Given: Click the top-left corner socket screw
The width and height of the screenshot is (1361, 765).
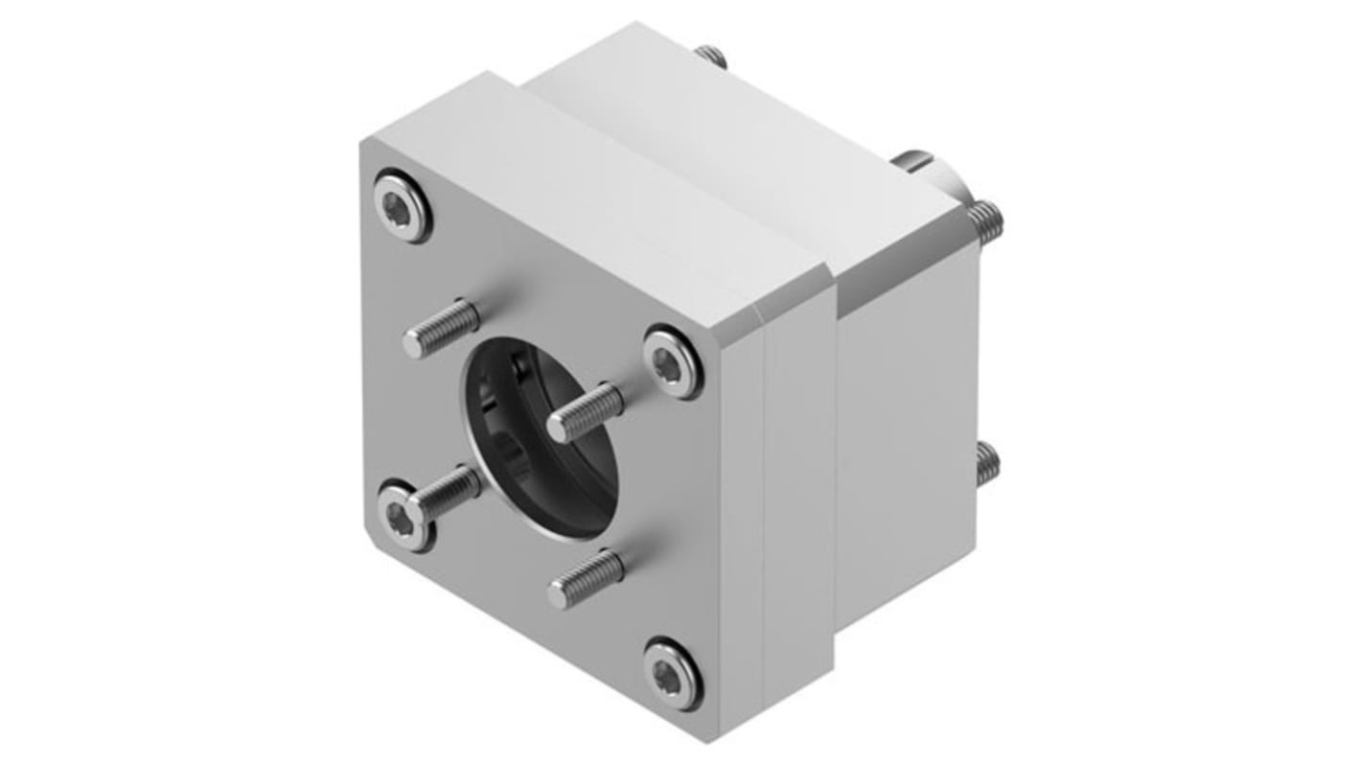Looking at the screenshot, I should (x=401, y=204).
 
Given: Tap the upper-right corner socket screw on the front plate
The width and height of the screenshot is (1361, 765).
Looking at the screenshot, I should (x=671, y=362).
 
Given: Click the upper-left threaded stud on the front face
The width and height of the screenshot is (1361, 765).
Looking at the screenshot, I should (x=441, y=327).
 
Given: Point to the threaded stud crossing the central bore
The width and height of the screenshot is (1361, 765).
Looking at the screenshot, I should (x=585, y=412).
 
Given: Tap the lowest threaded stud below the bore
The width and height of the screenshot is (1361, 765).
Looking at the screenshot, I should (x=586, y=579).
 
